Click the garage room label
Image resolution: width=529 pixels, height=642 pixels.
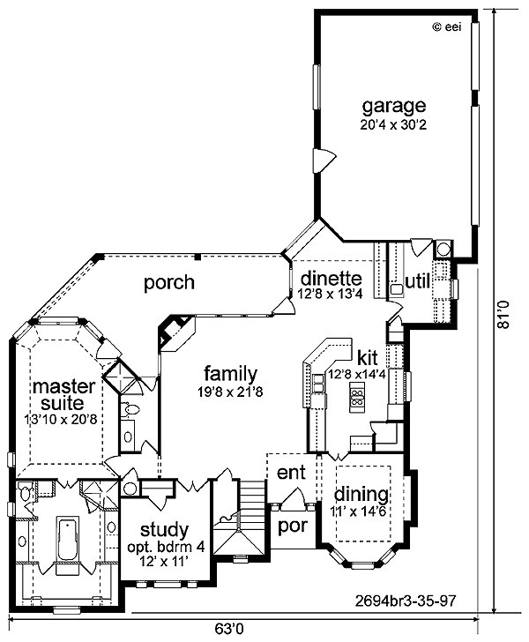coord(394,107)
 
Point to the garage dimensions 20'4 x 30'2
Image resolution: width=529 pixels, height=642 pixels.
coord(393,124)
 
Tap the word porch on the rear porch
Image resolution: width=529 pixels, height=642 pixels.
coord(169,283)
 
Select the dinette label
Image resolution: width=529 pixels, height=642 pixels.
coord(332,279)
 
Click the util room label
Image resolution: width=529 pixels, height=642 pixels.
coord(418,281)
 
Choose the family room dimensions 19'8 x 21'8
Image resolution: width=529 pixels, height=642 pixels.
coord(230,392)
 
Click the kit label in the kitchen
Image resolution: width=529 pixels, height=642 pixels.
coord(368,357)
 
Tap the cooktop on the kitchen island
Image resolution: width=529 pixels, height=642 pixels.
coord(357,397)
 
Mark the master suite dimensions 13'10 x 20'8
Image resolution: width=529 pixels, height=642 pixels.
coord(63,419)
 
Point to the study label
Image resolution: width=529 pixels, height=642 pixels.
coord(164,531)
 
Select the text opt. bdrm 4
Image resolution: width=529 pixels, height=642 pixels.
coord(166,547)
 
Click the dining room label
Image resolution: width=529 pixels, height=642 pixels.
coord(361,495)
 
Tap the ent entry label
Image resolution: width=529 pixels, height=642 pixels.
coord(291,473)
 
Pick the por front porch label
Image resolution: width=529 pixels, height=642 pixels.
coord(294,526)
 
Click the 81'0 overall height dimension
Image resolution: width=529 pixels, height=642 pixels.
coord(503,314)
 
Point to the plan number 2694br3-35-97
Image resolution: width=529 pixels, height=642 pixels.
coord(405,601)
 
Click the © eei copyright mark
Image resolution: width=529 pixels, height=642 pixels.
coord(447,27)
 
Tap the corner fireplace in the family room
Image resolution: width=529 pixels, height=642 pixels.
coord(176,332)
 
